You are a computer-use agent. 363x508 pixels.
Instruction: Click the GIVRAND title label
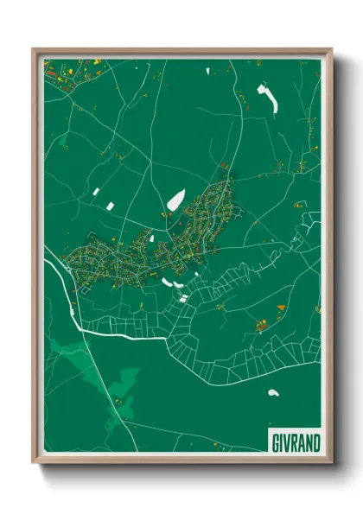pos(295,442)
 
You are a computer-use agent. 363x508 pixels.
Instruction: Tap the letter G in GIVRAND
pos(273,442)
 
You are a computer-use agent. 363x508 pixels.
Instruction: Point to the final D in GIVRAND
pos(316,442)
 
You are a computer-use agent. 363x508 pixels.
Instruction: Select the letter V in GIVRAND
pos(286,442)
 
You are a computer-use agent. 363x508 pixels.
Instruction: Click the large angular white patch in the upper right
pos(269,98)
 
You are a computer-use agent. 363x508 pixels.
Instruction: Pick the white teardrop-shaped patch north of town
pos(175,200)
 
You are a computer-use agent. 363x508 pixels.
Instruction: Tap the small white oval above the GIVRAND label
pos(273,393)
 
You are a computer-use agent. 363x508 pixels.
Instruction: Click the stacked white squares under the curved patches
pos(183,299)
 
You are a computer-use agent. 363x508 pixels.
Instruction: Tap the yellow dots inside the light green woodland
pos(117,402)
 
